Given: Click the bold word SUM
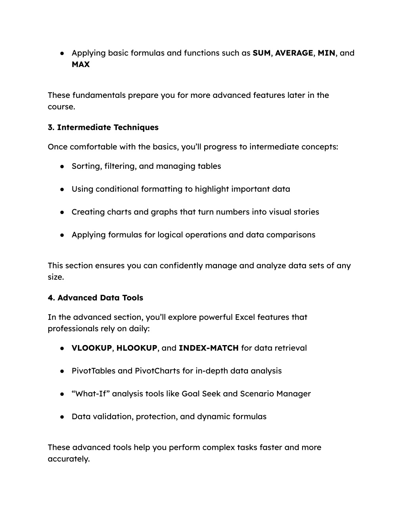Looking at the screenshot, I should click(261, 53).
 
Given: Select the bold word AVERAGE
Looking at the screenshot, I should click(294, 53).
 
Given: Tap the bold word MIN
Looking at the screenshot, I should click(326, 53).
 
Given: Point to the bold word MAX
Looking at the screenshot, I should click(80, 65).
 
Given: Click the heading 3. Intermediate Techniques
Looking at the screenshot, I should click(103, 128).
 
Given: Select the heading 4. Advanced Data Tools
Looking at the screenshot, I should click(96, 298).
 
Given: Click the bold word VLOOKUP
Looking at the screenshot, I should click(92, 348).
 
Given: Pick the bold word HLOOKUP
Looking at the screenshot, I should click(137, 348).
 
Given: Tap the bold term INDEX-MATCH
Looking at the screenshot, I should click(209, 348).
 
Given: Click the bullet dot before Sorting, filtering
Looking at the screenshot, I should click(63, 167).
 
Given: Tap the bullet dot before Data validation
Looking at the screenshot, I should click(63, 417).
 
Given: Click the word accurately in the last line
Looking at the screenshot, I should click(69, 459).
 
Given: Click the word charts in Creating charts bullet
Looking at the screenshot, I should click(118, 212).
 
